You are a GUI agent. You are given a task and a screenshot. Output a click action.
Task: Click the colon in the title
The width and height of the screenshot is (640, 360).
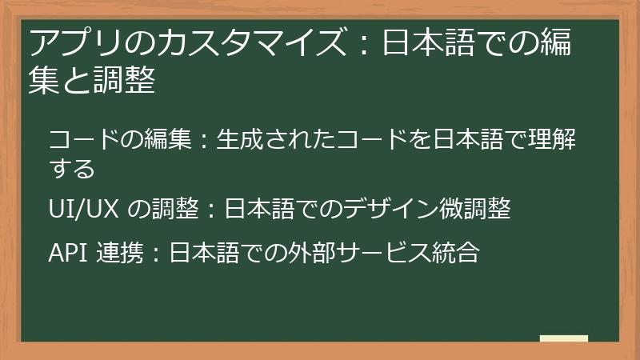pyautogui.click(x=363, y=42)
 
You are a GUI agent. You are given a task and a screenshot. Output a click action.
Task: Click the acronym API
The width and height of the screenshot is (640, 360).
pyautogui.click(x=67, y=253)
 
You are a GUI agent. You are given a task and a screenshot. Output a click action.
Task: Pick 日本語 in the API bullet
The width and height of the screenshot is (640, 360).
pyautogui.click(x=194, y=253)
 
